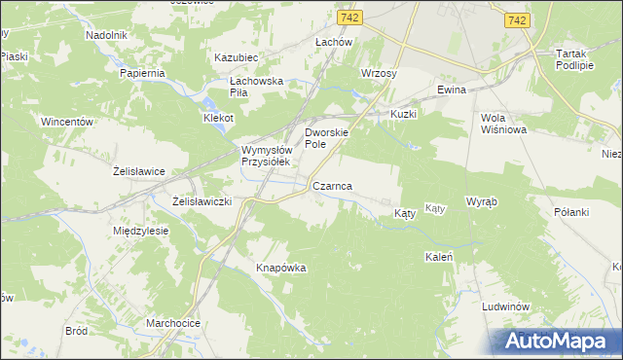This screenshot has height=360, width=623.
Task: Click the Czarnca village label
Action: pos(332,185)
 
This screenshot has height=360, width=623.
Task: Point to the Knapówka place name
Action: pos(281,268)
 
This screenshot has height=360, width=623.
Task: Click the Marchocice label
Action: pos(173,322)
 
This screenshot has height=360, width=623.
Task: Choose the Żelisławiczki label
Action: pos(202,200)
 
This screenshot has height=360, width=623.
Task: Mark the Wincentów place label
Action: pos(66,123)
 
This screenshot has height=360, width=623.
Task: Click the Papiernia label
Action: pos(144,73)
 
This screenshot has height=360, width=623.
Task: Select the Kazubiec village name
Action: pos(236,57)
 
